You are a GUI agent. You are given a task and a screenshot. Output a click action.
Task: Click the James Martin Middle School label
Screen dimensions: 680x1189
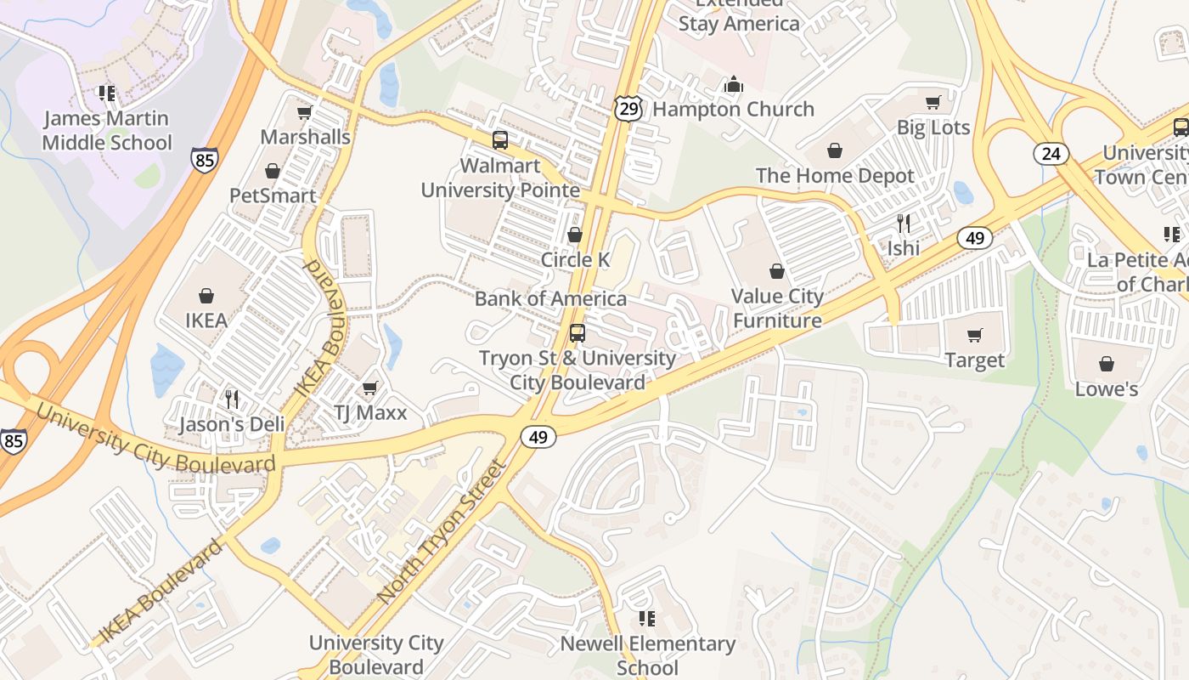point(107,130)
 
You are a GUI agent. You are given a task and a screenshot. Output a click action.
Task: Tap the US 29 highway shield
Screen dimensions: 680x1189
point(628,108)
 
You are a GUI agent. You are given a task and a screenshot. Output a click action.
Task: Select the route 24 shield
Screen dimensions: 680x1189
point(1051,154)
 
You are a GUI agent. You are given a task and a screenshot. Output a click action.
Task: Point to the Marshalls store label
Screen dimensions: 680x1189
point(305,137)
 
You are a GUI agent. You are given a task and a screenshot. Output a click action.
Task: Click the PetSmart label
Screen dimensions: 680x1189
point(273,195)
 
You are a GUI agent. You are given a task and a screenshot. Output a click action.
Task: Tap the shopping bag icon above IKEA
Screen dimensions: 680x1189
point(206,296)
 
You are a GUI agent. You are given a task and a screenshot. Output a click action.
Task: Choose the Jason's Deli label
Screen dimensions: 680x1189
point(228,424)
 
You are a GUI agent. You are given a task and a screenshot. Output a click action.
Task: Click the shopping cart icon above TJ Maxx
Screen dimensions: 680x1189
point(369,388)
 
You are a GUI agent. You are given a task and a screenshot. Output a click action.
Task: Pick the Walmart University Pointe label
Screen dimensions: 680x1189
point(500,178)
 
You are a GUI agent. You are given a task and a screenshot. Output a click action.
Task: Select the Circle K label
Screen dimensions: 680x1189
point(575,259)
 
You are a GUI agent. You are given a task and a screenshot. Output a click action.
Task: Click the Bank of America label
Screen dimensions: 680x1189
point(550,298)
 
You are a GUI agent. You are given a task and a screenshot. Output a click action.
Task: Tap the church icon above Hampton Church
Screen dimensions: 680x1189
point(734,84)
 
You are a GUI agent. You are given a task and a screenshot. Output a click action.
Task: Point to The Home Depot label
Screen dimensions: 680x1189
point(835,176)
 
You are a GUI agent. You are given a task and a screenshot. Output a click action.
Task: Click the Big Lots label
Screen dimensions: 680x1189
point(933,127)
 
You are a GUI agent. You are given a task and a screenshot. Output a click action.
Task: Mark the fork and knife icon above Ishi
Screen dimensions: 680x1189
point(904,224)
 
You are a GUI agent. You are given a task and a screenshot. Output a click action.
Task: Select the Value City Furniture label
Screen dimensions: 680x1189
point(777,309)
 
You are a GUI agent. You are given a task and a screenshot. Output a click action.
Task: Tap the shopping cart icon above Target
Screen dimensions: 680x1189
point(975,335)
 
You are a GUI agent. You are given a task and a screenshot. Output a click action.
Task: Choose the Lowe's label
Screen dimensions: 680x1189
point(1106,389)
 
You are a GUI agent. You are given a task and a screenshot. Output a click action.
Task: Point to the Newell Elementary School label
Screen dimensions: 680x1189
point(647,655)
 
